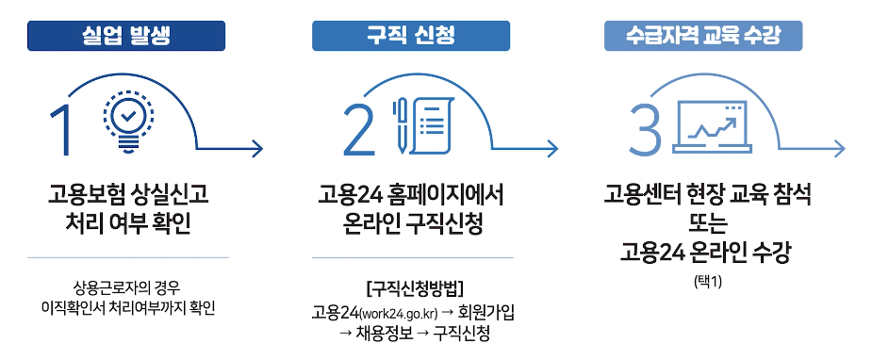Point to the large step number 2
pos(359,130)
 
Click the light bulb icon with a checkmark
pos(125,121)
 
